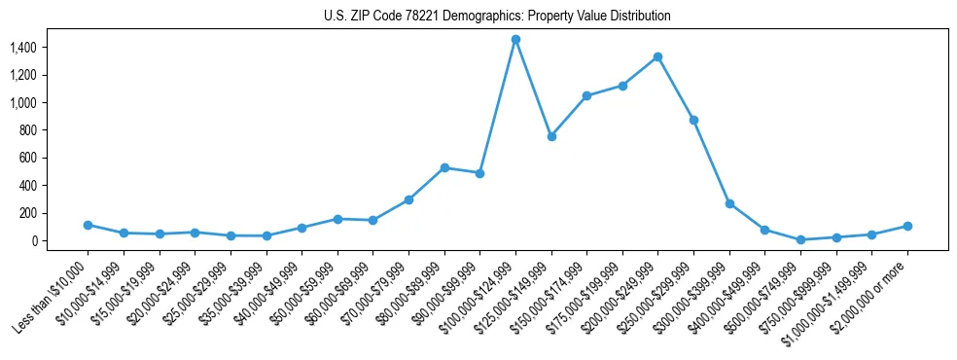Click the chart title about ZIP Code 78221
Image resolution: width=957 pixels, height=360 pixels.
tap(497, 17)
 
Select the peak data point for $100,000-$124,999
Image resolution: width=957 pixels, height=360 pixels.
tap(515, 39)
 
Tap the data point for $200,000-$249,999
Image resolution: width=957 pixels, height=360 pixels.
tap(658, 56)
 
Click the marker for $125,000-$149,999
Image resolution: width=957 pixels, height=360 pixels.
tap(551, 136)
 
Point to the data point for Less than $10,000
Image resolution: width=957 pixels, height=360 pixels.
tap(88, 225)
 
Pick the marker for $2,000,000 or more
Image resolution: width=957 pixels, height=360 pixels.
tap(907, 226)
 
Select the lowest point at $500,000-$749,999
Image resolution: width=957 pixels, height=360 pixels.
tap(800, 239)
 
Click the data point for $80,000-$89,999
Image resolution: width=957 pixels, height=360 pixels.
tap(444, 167)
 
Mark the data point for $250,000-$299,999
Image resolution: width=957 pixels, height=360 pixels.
tap(693, 120)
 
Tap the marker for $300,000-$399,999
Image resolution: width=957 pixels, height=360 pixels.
tap(729, 203)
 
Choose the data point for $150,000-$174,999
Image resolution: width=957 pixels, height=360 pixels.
tap(586, 95)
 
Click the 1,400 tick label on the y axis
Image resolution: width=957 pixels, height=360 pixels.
tap(23, 47)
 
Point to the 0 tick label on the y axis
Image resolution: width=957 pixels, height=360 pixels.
tap(33, 240)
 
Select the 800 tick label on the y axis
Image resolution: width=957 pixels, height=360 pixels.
tap(27, 130)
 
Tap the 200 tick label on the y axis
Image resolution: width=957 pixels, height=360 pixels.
tap(27, 213)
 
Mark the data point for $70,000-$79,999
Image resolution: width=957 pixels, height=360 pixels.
tap(408, 199)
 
